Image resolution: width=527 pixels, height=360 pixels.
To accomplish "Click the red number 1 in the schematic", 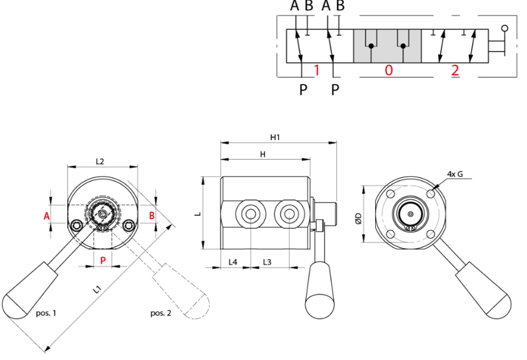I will point(316,70).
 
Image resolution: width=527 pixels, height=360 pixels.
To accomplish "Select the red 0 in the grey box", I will point(388,70).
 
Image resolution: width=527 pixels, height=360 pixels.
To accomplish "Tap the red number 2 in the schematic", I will point(455,70).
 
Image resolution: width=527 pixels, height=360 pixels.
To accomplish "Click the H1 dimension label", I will point(275,137).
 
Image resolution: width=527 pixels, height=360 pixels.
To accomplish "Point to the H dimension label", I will point(263,155).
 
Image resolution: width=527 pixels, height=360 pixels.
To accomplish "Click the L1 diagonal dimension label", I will point(97,289).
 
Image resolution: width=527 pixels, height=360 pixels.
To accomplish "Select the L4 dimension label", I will point(233,262).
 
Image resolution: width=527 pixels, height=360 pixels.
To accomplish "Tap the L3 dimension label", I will point(267,262).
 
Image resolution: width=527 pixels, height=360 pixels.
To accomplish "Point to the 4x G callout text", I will point(455,174).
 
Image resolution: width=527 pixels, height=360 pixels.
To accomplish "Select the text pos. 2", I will point(161,313).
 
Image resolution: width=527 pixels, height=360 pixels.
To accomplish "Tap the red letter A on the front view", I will point(47,216).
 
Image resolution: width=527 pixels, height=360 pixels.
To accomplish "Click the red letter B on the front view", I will point(152,216).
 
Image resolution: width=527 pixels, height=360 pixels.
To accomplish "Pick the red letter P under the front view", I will point(103,260).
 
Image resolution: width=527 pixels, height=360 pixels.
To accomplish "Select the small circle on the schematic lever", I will point(505,27).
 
